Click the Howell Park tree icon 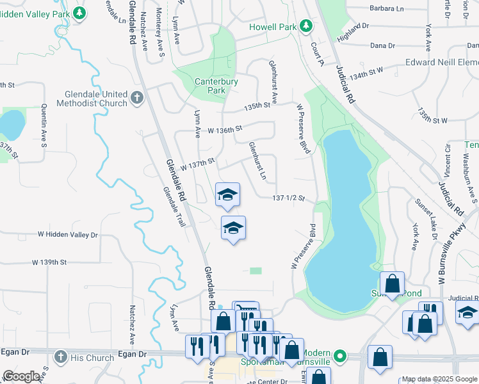[x=307, y=26]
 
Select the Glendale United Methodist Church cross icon [x=136, y=98]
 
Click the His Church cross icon [x=60, y=356]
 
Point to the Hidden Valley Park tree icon [x=79, y=12]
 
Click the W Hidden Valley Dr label [x=68, y=235]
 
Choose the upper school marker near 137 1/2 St [x=227, y=195]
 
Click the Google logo [x=22, y=376]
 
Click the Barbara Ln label [x=387, y=9]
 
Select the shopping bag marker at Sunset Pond [x=392, y=283]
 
